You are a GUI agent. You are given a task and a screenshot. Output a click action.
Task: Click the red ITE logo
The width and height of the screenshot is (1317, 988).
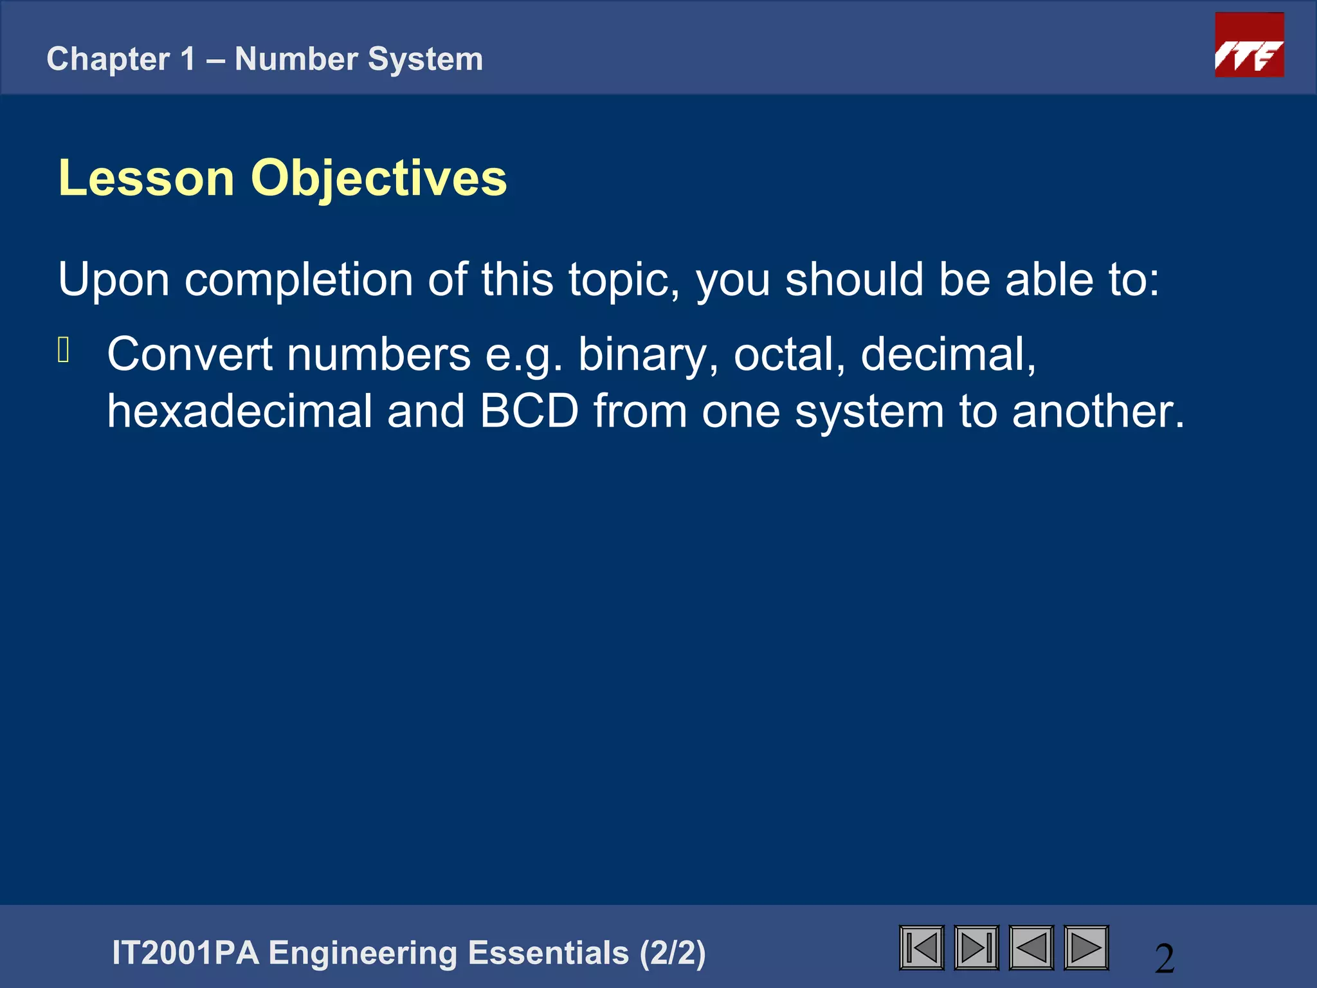point(1249,45)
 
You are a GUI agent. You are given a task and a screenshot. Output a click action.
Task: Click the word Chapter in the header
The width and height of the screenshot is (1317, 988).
point(108,59)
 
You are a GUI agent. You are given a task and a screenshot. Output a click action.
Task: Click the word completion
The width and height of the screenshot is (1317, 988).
point(298,280)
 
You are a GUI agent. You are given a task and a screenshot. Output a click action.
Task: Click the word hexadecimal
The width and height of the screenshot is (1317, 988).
point(239,411)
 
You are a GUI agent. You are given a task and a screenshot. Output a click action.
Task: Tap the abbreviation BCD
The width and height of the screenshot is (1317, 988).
point(529,411)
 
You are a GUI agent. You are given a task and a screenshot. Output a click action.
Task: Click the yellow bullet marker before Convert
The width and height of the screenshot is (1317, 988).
point(63,351)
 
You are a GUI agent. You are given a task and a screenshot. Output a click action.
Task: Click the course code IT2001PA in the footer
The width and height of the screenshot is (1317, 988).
point(185,953)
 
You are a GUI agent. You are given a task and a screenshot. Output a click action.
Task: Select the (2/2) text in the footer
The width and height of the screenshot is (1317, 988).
point(673,953)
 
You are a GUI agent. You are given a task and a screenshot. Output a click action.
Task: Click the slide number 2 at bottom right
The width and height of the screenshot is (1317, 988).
point(1165,958)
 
